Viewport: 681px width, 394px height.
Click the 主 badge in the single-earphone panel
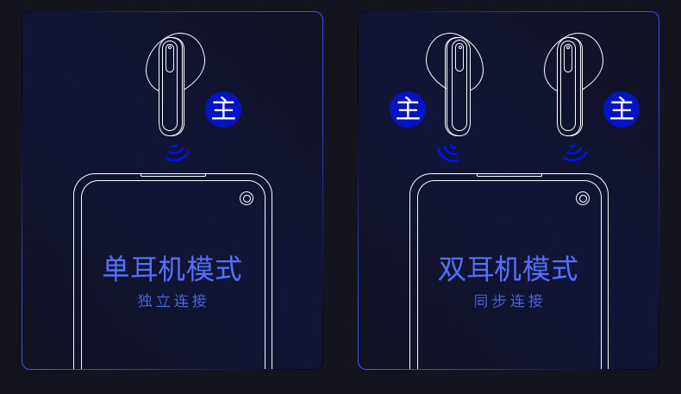[223, 109]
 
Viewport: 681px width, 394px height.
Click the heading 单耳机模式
[172, 269]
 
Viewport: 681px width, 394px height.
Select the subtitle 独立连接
[172, 302]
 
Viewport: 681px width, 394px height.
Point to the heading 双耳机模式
[508, 269]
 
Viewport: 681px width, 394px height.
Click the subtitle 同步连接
[509, 302]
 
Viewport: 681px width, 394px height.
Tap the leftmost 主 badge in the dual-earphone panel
[408, 109]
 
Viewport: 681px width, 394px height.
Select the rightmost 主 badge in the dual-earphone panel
[622, 109]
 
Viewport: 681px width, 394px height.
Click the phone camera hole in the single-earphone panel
[247, 198]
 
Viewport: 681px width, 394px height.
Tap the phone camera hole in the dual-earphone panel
[583, 198]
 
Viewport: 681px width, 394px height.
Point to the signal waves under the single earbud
[176, 153]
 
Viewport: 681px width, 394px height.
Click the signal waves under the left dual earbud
[448, 153]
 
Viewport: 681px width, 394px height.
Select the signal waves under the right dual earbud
[574, 153]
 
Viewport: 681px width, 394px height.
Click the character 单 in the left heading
[116, 269]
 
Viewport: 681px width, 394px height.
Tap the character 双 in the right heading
[452, 269]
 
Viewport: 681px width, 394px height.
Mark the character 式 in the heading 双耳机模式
[564, 269]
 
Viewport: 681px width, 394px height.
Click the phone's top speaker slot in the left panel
[173, 175]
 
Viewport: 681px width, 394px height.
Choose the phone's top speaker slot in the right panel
[509, 175]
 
